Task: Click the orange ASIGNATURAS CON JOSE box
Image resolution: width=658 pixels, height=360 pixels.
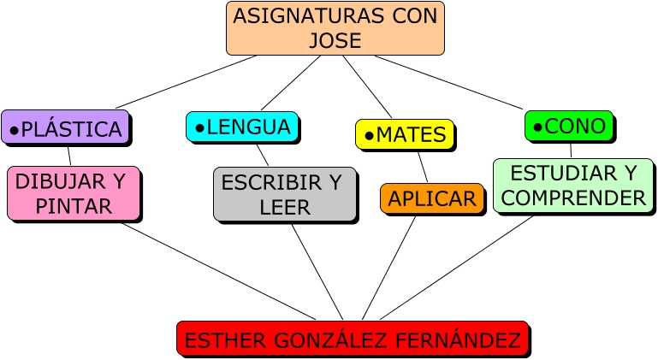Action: pyautogui.click(x=335, y=28)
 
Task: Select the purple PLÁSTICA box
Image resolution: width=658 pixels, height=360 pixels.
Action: pyautogui.click(x=65, y=127)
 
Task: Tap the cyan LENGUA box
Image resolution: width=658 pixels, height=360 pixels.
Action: pyautogui.click(x=242, y=127)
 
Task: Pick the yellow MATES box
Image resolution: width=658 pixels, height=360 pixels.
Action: pyautogui.click(x=404, y=134)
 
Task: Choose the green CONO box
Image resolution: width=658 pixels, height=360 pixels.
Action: pyautogui.click(x=569, y=126)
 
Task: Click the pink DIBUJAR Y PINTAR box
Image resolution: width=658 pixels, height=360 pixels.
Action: pyautogui.click(x=73, y=193)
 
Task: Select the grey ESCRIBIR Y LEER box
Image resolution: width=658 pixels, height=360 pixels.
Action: pyautogui.click(x=284, y=194)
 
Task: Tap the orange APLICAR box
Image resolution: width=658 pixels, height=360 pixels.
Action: pyautogui.click(x=431, y=198)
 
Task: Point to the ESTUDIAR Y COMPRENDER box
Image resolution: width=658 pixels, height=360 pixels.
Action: pyautogui.click(x=572, y=186)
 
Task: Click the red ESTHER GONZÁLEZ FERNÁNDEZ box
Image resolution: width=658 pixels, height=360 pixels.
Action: pyautogui.click(x=352, y=339)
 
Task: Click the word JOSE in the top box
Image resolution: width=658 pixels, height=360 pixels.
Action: pyautogui.click(x=335, y=40)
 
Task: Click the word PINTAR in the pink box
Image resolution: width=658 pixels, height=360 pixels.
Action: pyautogui.click(x=74, y=206)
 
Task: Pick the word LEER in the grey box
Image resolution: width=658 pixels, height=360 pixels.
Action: pyautogui.click(x=284, y=207)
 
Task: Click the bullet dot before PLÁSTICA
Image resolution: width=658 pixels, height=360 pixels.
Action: pyautogui.click(x=14, y=130)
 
